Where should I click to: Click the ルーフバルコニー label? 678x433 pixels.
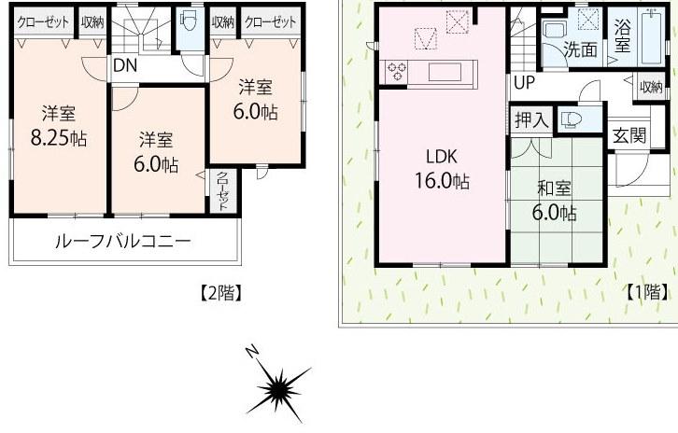(x=123, y=242)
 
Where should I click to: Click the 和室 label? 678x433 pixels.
(x=555, y=188)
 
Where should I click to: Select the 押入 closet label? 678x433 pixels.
(x=531, y=119)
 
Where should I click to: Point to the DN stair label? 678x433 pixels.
(x=123, y=66)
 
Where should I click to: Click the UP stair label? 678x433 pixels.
(x=524, y=82)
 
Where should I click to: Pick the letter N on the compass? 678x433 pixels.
(x=252, y=352)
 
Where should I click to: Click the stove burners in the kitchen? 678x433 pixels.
(x=397, y=71)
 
